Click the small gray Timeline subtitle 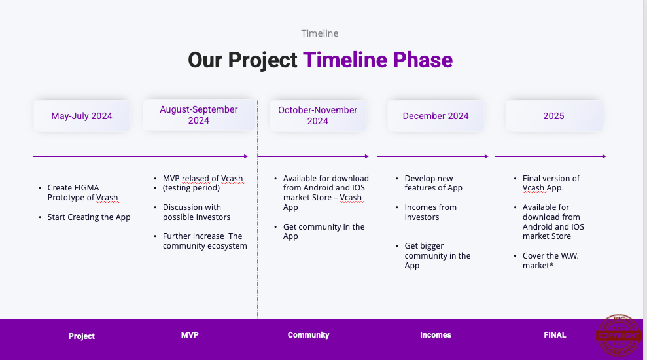[320, 33]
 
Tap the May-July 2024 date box [82, 116]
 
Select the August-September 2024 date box [199, 115]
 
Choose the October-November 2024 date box [318, 116]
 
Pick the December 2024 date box [436, 116]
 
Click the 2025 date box [553, 116]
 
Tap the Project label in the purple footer [82, 336]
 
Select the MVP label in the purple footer [190, 335]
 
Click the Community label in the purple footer [308, 335]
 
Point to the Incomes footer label [436, 335]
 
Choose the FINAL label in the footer [555, 335]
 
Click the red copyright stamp [618, 335]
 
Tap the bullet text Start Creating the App [89, 217]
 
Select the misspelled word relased [196, 179]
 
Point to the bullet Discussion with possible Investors [196, 212]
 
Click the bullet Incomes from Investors [430, 212]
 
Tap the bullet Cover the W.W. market [550, 261]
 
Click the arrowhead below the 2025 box [604, 156]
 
